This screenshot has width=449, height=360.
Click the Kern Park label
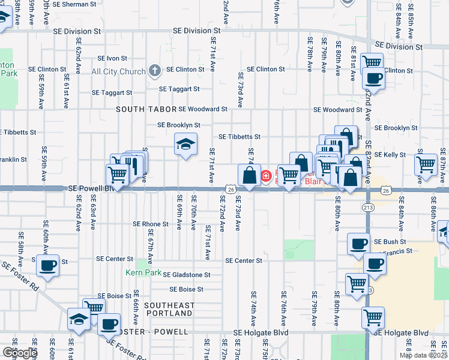point(143,272)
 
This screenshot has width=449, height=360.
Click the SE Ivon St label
point(112,58)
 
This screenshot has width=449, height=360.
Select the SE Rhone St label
point(151,224)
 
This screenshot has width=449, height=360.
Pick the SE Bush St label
point(390,241)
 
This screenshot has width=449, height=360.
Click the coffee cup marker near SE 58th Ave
point(47,264)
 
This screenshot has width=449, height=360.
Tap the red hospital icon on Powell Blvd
point(265,176)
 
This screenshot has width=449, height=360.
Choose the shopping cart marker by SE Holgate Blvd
point(373,317)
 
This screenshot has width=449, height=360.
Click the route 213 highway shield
point(368,207)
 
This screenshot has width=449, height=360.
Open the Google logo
point(20,353)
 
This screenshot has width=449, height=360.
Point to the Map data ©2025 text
point(423,355)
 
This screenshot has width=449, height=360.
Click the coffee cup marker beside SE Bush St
point(359,244)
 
